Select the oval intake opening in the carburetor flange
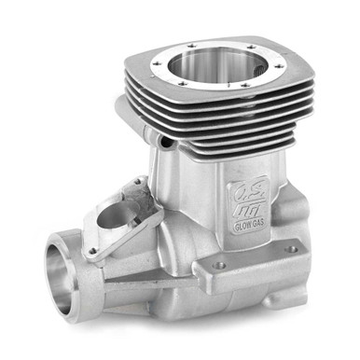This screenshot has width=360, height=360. [114, 216]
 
